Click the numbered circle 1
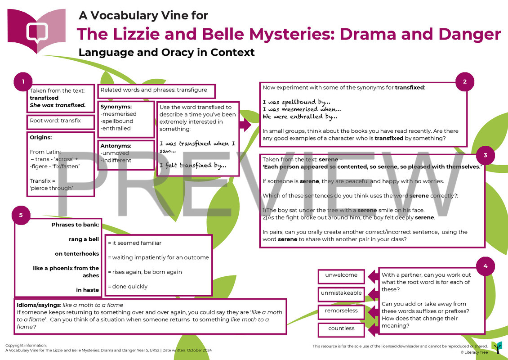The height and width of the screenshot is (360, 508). [23, 82]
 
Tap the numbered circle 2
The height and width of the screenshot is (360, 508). [465, 81]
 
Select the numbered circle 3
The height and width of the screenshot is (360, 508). [485, 155]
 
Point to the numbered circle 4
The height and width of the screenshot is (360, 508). [485, 266]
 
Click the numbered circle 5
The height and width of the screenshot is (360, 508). [21, 215]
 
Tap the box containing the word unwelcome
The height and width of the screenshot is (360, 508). [342, 275]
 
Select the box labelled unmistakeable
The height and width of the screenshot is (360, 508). [342, 293]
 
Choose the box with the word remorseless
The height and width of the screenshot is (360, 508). [342, 310]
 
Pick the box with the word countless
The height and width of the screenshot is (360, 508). [342, 328]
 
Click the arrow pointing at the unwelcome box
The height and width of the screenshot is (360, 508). [373, 275]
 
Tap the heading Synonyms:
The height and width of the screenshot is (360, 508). [116, 107]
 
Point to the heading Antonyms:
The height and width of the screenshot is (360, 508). [116, 146]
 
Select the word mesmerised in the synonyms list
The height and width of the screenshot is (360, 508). [119, 114]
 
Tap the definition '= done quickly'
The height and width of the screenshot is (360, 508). [128, 286]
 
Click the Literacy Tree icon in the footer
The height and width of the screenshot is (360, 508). [497, 347]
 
